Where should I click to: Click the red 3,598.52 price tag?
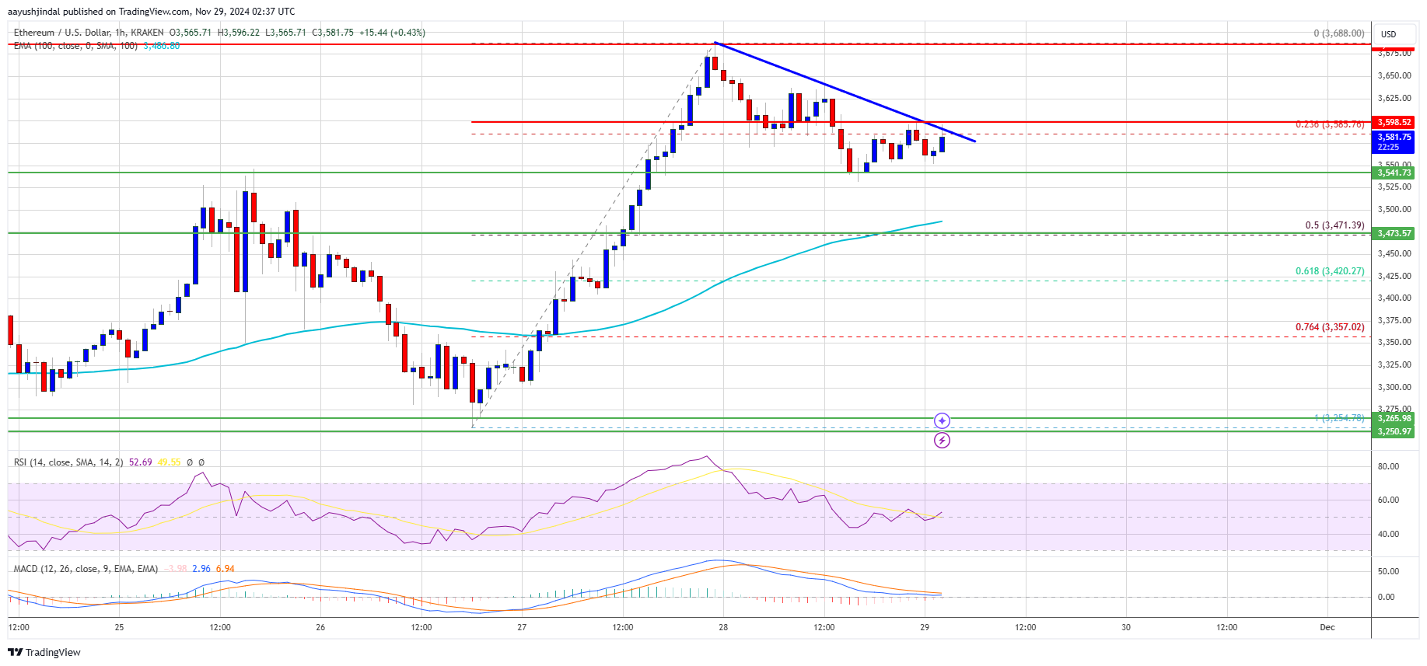coord(1394,122)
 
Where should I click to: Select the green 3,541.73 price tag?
coord(1394,173)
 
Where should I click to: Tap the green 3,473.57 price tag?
coord(1394,233)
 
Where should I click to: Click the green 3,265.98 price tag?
coord(1394,418)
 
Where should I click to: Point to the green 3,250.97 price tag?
coord(1394,431)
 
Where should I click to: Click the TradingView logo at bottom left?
coord(45,652)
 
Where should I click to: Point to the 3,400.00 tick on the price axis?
coord(1394,298)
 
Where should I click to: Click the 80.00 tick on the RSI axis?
coord(1388,466)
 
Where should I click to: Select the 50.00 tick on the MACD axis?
coord(1388,571)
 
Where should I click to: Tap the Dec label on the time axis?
coord(1327,627)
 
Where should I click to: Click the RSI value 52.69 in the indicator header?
coord(141,462)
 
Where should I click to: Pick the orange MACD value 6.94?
coord(226,569)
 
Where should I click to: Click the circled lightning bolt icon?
coord(942,441)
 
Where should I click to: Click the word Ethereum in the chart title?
coord(34,33)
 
